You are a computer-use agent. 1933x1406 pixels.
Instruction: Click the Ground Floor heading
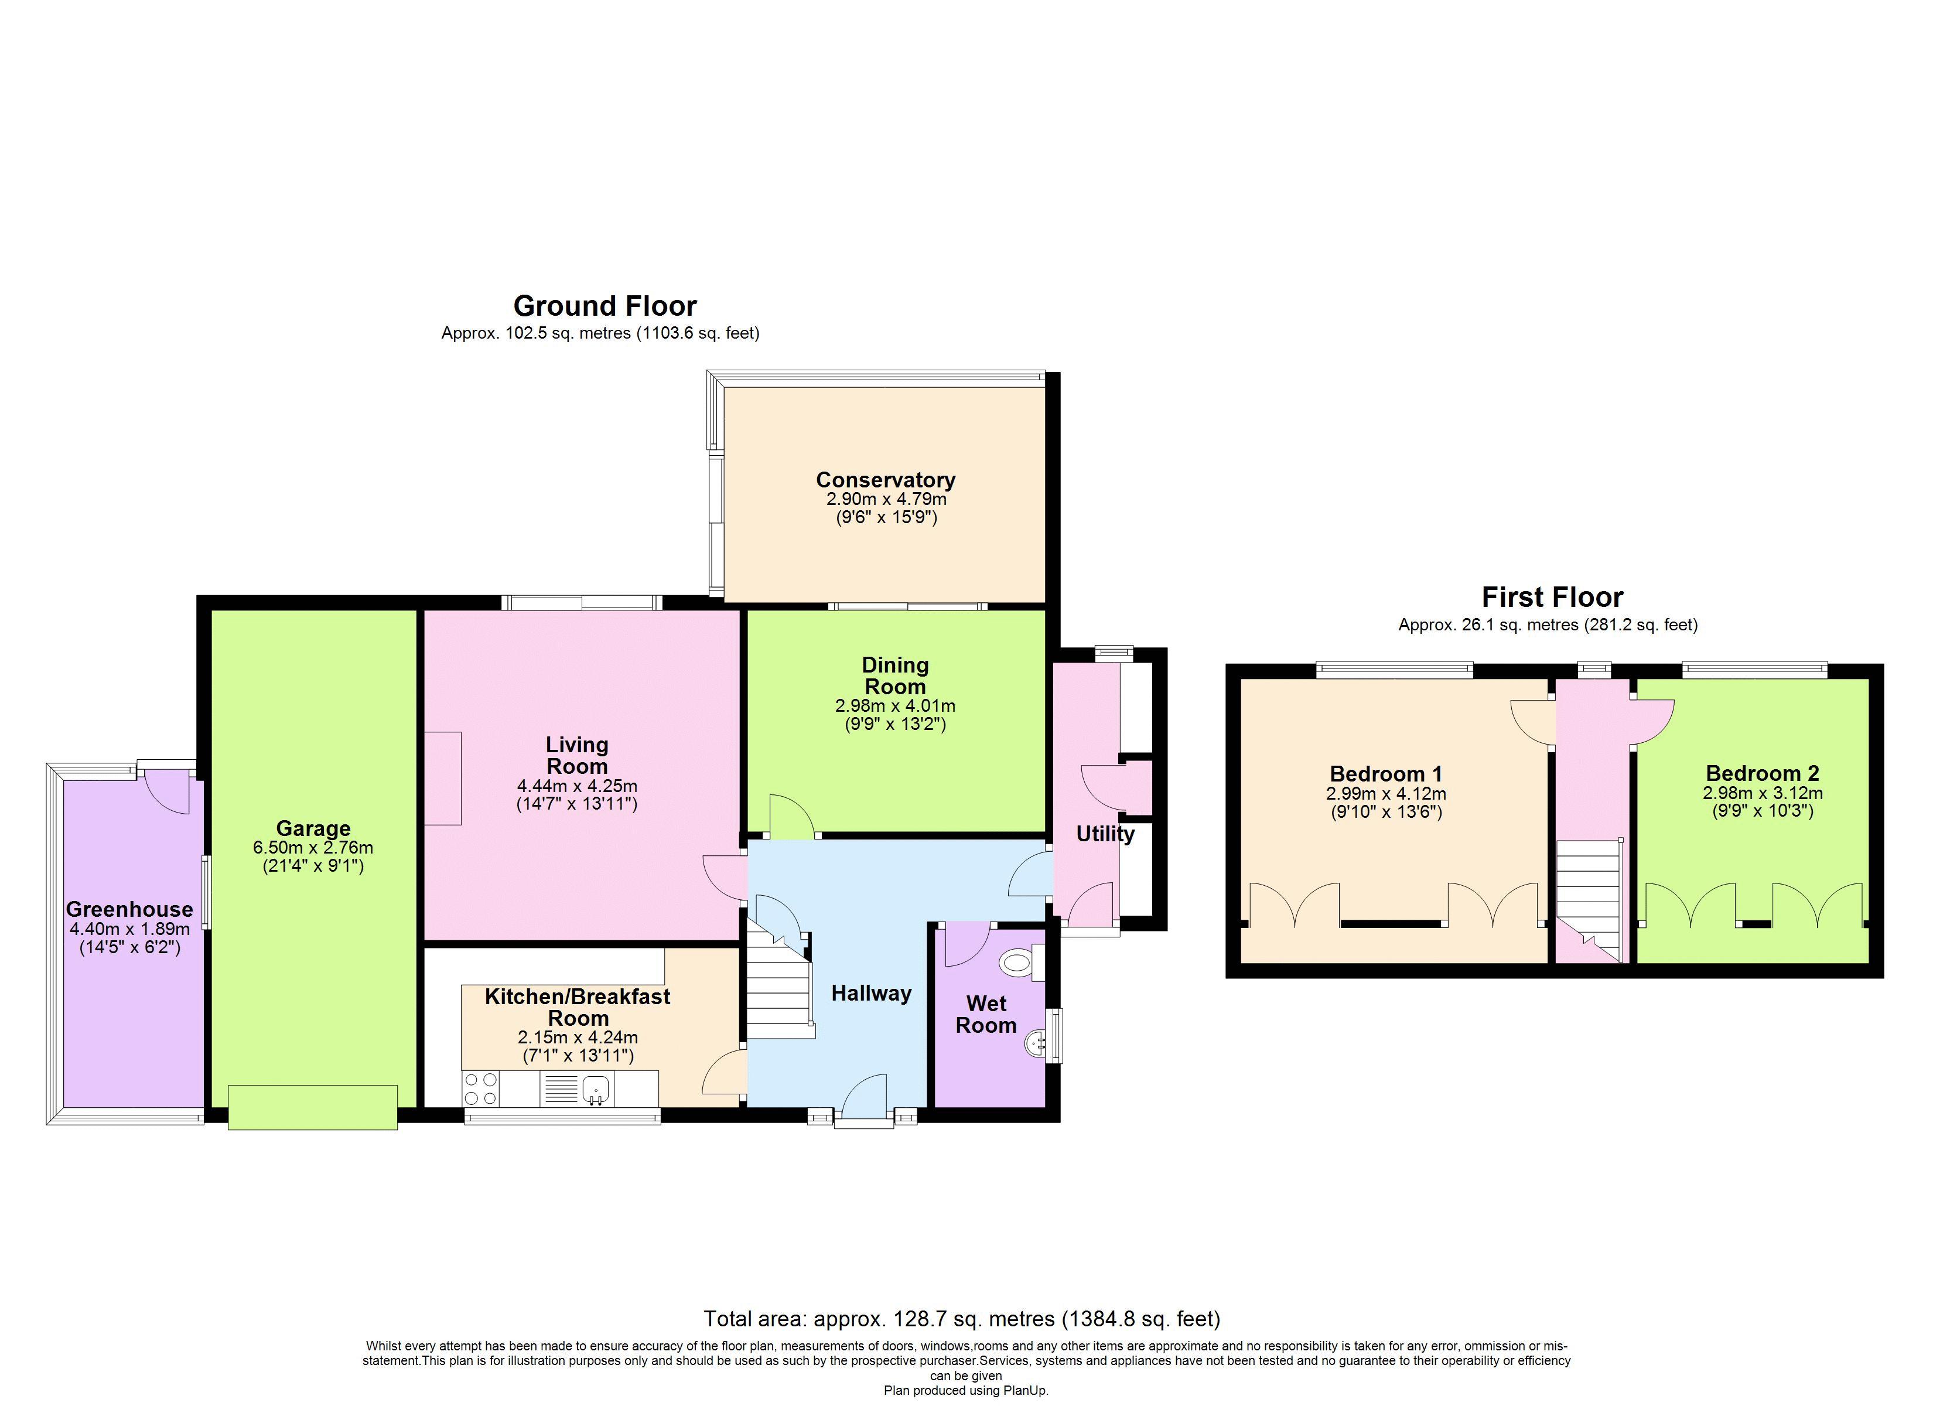pyautogui.click(x=605, y=305)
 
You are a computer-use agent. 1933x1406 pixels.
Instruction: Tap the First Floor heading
pyautogui.click(x=1552, y=597)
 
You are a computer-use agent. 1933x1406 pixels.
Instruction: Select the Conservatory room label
pyautogui.click(x=886, y=479)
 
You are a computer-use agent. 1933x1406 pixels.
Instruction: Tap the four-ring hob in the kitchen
pyautogui.click(x=481, y=1089)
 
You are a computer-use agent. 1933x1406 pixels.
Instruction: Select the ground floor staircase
pyautogui.click(x=777, y=989)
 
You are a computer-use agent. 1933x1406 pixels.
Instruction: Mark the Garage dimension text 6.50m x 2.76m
pyautogui.click(x=313, y=848)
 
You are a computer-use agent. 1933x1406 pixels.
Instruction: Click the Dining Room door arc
pyautogui.click(x=790, y=816)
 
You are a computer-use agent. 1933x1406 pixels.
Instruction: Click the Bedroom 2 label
pyautogui.click(x=1762, y=773)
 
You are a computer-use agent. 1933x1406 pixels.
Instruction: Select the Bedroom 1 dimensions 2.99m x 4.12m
pyautogui.click(x=1386, y=793)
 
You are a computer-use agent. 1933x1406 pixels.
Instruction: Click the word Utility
pyautogui.click(x=1105, y=834)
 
